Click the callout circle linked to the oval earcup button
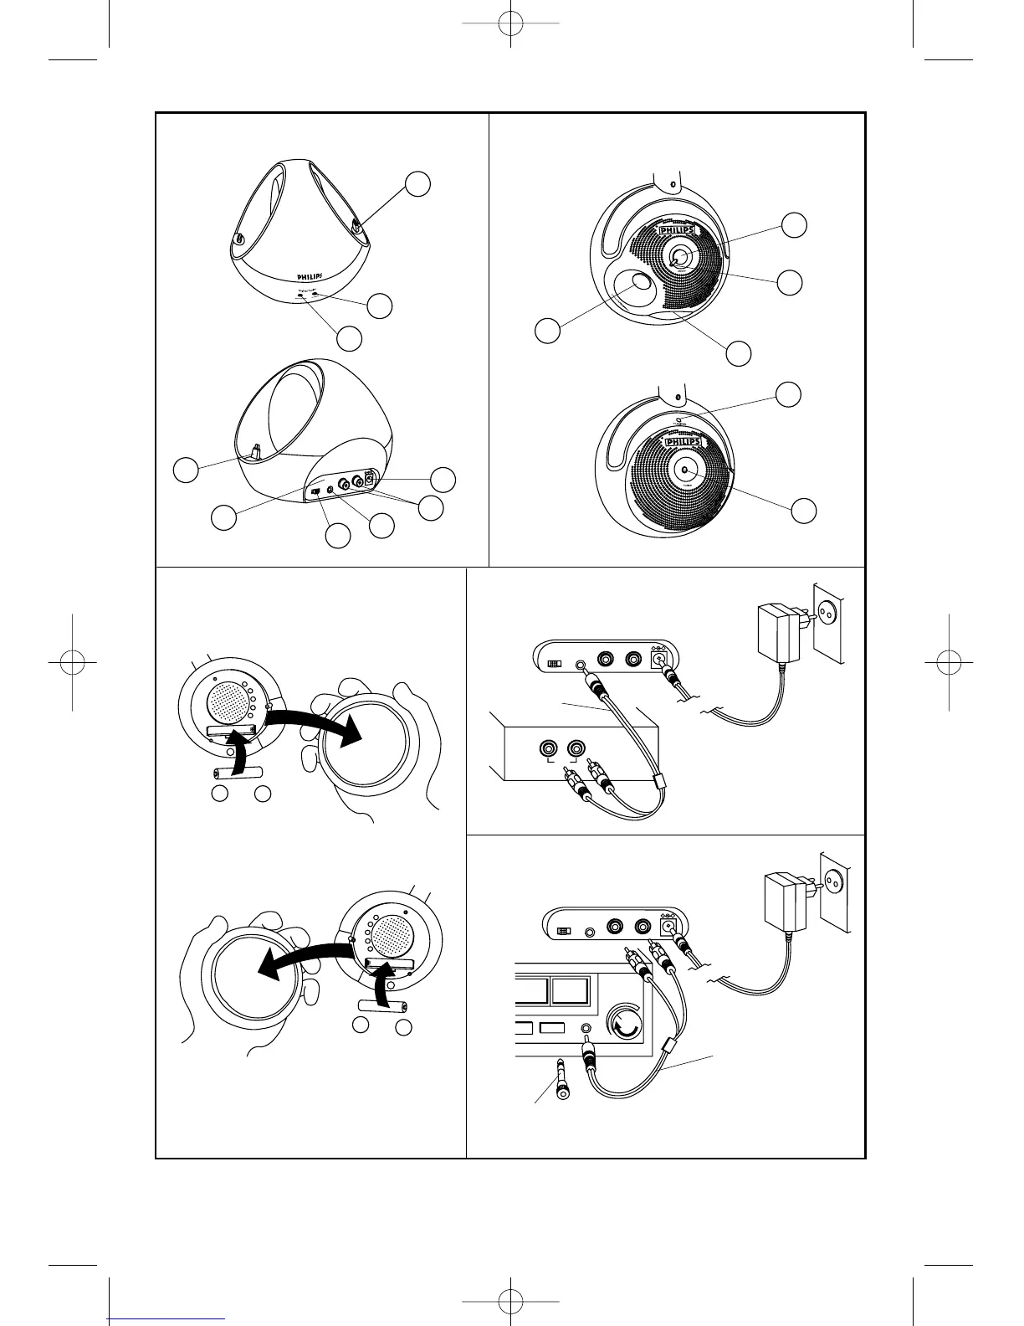[548, 331]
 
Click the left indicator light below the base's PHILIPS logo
[299, 296]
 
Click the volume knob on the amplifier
[625, 1024]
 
